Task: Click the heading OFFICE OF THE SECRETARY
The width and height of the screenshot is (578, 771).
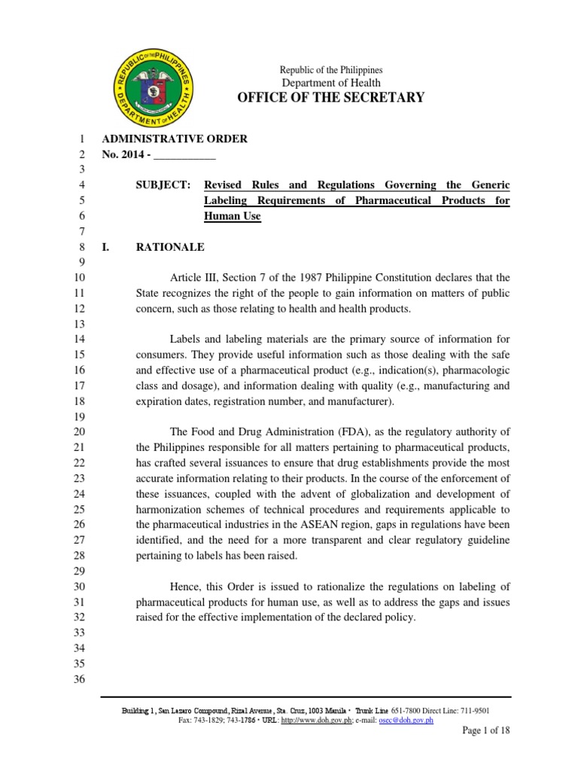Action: tap(331, 97)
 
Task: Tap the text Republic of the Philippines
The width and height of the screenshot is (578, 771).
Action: tap(331, 69)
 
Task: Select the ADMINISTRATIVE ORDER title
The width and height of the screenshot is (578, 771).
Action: tap(174, 139)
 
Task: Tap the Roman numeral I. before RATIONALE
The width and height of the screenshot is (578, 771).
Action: tap(106, 247)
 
